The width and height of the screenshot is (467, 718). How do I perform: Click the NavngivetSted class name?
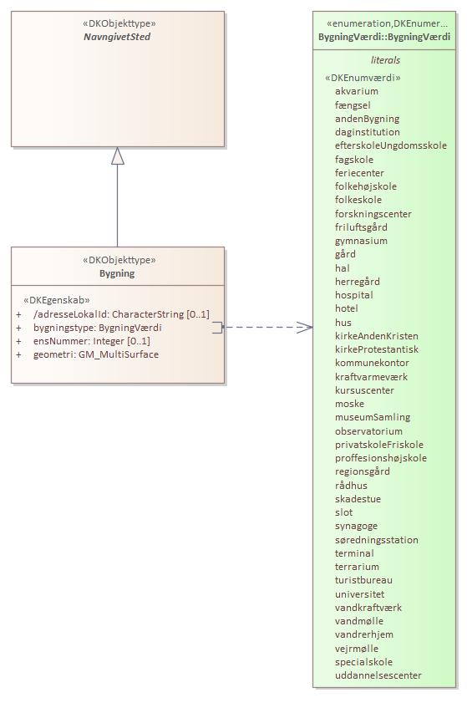point(117,38)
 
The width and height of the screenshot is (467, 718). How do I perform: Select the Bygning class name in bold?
point(117,273)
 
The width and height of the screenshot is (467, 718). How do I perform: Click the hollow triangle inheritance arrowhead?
point(118,155)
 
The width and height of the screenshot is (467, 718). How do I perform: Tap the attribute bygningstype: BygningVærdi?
point(97,328)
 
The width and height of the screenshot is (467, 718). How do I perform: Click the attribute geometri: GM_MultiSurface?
point(95,354)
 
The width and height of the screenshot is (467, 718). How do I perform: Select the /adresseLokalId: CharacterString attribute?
point(121,314)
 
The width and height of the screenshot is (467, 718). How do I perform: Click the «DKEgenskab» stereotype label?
point(56,299)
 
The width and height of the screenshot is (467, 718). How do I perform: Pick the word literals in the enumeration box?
point(385,60)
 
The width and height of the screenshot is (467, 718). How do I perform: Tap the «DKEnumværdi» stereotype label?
point(363,78)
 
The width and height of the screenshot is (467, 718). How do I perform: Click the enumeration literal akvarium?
point(357,91)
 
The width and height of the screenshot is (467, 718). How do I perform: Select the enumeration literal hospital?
point(354,295)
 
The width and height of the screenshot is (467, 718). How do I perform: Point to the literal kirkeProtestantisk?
point(377,349)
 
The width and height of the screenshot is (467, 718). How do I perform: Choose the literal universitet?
point(360,594)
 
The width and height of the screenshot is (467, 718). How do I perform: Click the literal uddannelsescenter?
point(378,675)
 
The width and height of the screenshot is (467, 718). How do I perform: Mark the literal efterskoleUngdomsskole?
point(391,145)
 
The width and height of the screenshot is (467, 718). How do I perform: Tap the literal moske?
point(349,404)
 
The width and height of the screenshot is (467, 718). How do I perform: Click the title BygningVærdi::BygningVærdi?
point(384,38)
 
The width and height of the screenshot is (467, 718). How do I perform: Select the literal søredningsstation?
point(377,540)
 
